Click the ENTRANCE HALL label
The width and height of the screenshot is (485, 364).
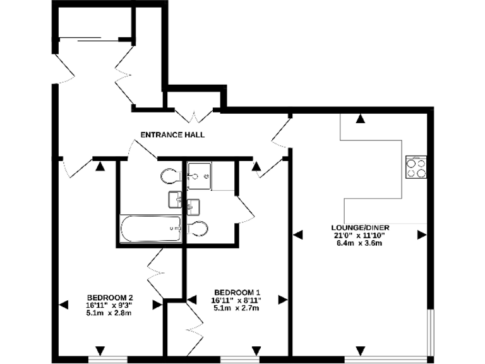click(x=172, y=135)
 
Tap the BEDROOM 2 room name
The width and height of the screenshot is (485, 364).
click(x=110, y=298)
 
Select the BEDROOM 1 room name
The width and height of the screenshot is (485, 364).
click(x=237, y=292)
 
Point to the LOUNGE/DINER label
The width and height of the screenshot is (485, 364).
click(x=359, y=227)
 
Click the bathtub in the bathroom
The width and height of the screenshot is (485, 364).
click(x=151, y=228)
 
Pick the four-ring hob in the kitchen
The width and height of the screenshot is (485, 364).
click(x=416, y=167)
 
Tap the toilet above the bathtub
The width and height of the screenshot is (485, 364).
click(x=170, y=175)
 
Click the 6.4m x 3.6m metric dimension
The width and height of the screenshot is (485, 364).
click(x=359, y=243)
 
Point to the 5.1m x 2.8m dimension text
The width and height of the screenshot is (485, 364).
click(x=110, y=313)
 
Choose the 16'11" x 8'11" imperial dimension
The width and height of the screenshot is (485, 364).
click(x=237, y=300)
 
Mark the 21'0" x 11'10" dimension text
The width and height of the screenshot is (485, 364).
click(x=359, y=236)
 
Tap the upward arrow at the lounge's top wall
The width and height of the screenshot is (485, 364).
click(x=359, y=118)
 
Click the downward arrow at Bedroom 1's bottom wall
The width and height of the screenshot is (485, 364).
click(x=256, y=351)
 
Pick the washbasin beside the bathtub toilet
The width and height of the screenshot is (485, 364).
click(x=175, y=200)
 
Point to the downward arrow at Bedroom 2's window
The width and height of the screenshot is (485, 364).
click(x=100, y=351)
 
